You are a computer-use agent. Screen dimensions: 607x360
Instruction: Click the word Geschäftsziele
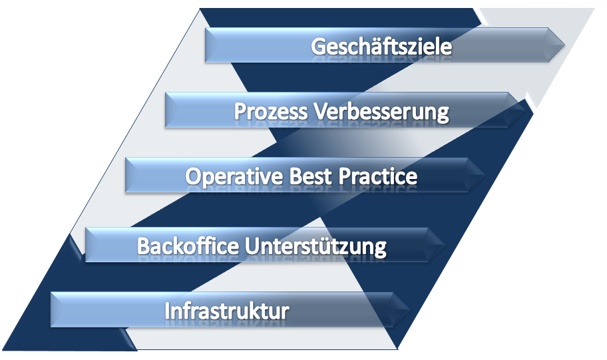point(381,47)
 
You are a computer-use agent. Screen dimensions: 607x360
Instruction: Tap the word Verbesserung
point(381,112)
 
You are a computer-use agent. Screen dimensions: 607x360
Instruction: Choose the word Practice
point(378,176)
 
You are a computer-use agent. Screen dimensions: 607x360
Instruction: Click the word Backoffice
point(188,246)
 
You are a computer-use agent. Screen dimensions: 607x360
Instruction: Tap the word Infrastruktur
point(227,311)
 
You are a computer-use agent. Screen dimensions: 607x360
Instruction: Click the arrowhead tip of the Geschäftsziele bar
point(565,45)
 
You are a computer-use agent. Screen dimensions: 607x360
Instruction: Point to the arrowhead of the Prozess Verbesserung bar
point(516,110)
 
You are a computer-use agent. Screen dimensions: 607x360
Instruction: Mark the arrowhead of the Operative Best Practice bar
point(477,175)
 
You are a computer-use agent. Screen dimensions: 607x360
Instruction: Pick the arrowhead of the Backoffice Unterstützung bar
point(437,245)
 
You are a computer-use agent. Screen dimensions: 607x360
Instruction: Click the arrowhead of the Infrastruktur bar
point(401,309)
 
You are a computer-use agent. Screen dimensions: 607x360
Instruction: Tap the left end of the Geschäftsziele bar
point(205,45)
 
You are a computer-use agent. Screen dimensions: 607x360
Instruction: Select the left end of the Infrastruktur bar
point(51,309)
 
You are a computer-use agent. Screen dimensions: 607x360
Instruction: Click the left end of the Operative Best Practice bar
point(125,175)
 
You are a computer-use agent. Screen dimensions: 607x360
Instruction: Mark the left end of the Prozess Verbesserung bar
point(165,110)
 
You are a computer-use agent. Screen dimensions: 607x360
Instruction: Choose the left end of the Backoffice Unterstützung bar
point(86,245)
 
